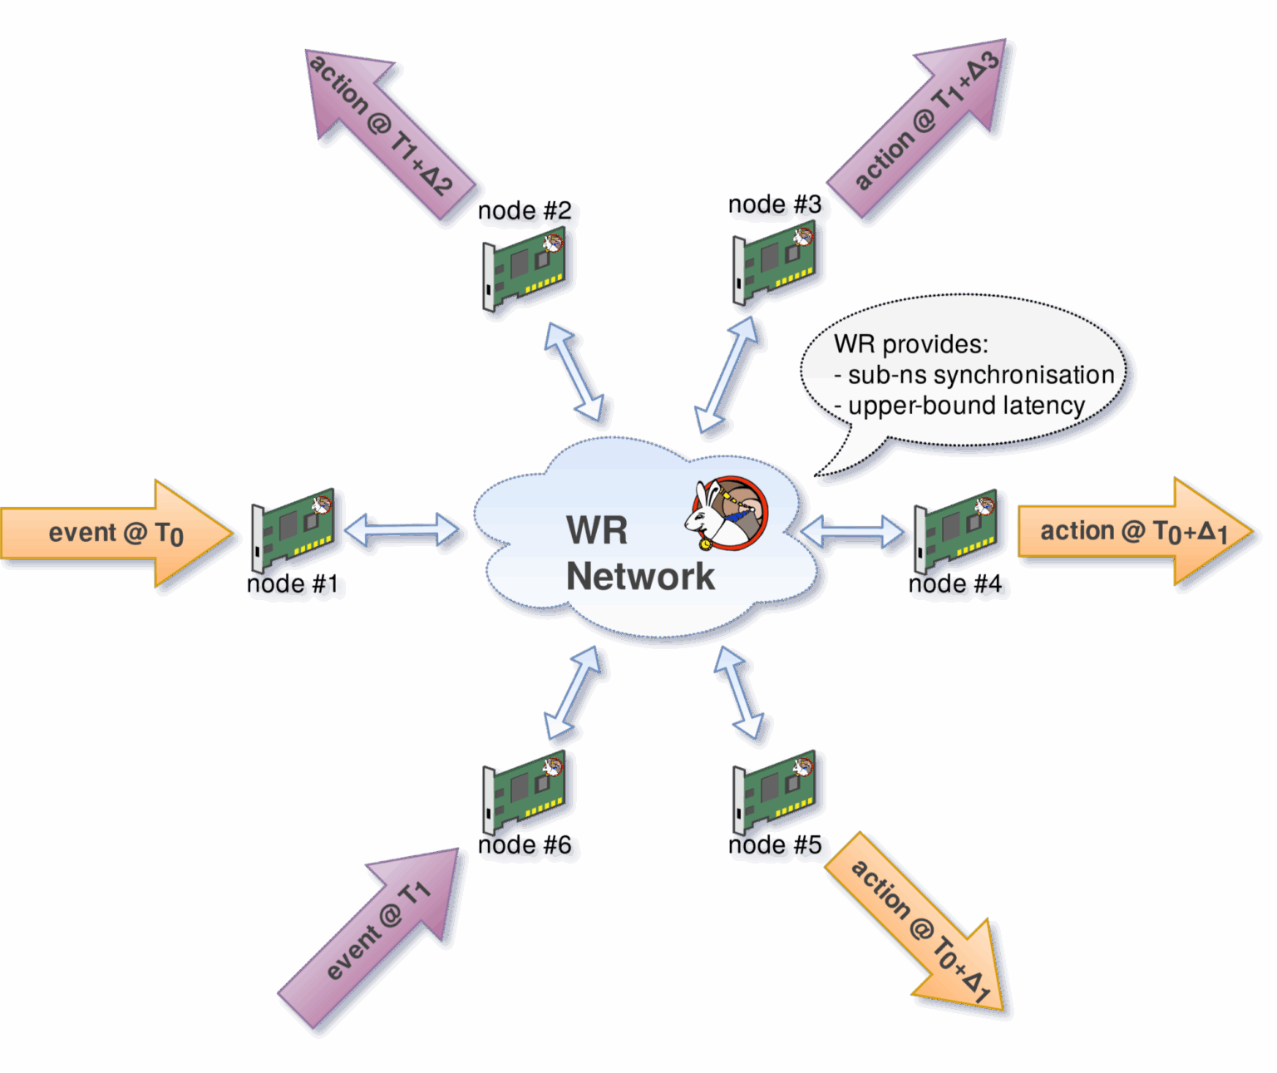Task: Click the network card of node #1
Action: [x=295, y=529]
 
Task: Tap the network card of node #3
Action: [x=775, y=263]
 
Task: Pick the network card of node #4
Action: [x=957, y=529]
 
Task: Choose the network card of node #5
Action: [x=775, y=792]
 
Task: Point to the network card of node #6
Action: [x=526, y=792]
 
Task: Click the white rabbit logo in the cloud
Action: [x=726, y=514]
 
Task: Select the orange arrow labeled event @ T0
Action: [x=116, y=533]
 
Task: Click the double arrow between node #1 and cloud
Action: [x=402, y=530]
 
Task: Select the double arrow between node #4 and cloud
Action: [x=853, y=532]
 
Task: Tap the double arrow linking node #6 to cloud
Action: [x=574, y=693]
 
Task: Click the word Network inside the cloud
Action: [x=640, y=576]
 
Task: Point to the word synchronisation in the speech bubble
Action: [x=1023, y=375]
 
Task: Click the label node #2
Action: [x=525, y=211]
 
